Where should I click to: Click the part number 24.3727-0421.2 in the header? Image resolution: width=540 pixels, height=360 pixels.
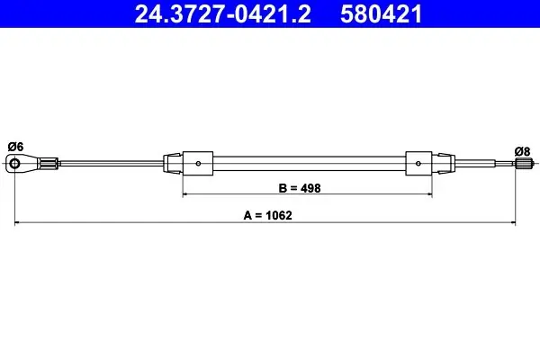(223, 13)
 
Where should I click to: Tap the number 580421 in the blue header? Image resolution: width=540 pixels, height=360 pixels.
(382, 13)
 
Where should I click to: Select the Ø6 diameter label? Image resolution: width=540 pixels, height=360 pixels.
(15, 147)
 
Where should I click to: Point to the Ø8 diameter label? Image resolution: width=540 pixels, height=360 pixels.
(522, 151)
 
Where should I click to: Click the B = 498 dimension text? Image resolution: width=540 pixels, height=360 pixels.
(300, 188)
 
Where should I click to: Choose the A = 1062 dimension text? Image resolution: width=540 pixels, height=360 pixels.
(267, 215)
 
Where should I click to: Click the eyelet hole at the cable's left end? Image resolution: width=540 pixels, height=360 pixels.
(14, 163)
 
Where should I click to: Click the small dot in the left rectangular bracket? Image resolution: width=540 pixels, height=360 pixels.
(198, 163)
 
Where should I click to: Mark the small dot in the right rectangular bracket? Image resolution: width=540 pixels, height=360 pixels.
(418, 163)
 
